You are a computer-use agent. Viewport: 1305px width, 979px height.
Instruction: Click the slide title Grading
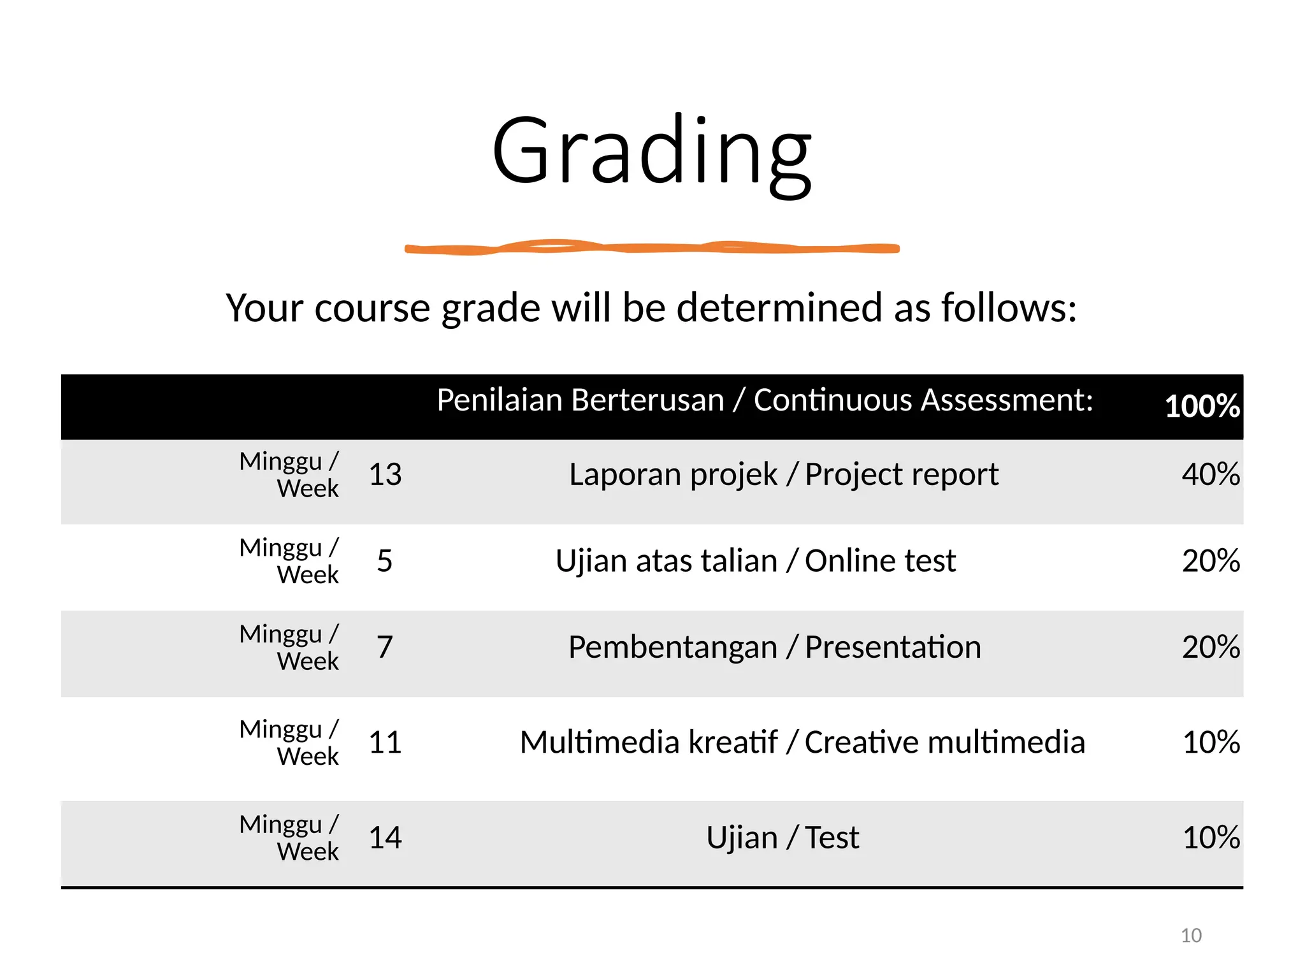point(651,153)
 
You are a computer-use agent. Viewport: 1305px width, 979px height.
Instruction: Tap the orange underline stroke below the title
point(651,248)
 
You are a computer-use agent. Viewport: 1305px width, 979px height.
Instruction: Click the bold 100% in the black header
point(1202,406)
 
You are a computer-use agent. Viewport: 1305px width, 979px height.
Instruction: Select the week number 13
point(385,475)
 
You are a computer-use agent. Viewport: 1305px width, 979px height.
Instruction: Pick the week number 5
point(384,562)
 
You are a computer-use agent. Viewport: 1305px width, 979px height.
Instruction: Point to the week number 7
point(384,648)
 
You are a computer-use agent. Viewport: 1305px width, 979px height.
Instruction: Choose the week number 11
point(385,743)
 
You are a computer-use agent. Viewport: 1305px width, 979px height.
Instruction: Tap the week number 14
point(385,838)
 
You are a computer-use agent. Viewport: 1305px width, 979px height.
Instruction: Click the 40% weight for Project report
point(1210,475)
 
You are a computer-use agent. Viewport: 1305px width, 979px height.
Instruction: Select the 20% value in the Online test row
point(1210,562)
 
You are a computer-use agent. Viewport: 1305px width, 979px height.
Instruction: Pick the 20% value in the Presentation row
point(1210,648)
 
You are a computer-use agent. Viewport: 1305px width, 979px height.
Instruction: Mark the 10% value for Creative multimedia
point(1211,743)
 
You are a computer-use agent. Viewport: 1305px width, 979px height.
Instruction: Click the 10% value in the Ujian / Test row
point(1211,838)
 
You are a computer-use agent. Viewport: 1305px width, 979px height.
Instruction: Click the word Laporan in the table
point(609,475)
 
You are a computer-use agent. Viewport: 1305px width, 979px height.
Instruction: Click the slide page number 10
point(1191,936)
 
